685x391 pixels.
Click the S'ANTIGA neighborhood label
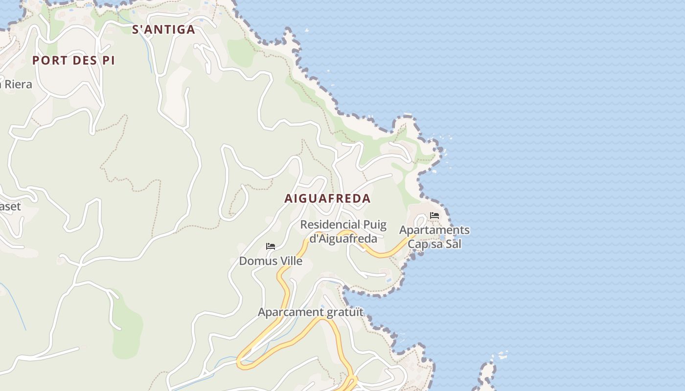pos(163,30)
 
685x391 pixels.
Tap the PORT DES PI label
pos(73,61)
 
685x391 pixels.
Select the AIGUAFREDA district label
pos(327,199)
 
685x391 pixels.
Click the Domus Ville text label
pos(271,261)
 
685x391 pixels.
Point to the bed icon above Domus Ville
pos(271,246)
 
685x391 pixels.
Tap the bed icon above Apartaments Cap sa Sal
pos(434,216)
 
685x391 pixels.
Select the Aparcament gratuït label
pos(311,312)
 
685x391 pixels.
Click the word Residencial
pos(330,225)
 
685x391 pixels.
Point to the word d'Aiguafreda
pos(343,239)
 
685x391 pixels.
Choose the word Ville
pos(290,261)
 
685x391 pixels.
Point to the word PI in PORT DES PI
pos(109,61)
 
